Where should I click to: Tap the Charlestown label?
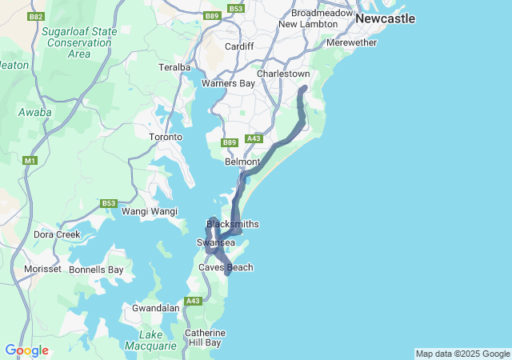point(283,74)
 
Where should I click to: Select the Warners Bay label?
point(228,83)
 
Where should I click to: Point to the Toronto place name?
point(166,137)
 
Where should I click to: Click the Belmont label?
point(242,162)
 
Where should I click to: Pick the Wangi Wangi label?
point(149,211)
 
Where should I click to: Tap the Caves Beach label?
point(226,267)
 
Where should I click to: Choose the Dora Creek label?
point(56,235)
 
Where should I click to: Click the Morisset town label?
point(42,269)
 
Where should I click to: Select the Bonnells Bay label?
point(96,270)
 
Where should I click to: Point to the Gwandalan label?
point(155,308)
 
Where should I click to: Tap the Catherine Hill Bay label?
point(205,338)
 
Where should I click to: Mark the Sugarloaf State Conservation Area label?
point(79,42)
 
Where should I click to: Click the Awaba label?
point(35,113)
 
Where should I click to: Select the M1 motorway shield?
point(30,161)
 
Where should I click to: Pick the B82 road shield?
point(35,17)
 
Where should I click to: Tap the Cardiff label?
point(239,46)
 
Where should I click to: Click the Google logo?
point(26,350)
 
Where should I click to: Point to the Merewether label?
point(352,42)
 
